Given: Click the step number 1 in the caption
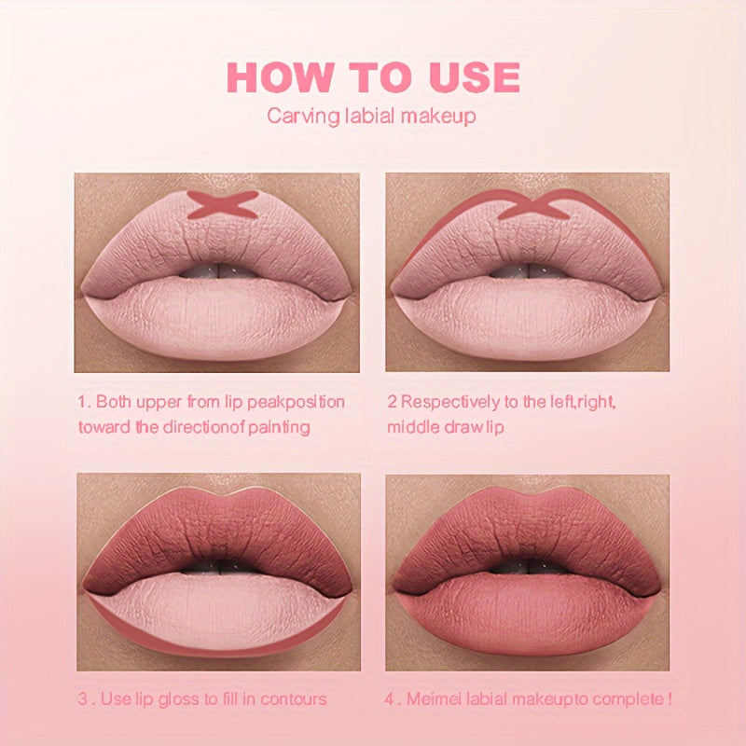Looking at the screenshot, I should tap(81, 402).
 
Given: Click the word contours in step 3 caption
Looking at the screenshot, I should tap(290, 698).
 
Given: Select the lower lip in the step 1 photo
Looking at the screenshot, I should tap(216, 317).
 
